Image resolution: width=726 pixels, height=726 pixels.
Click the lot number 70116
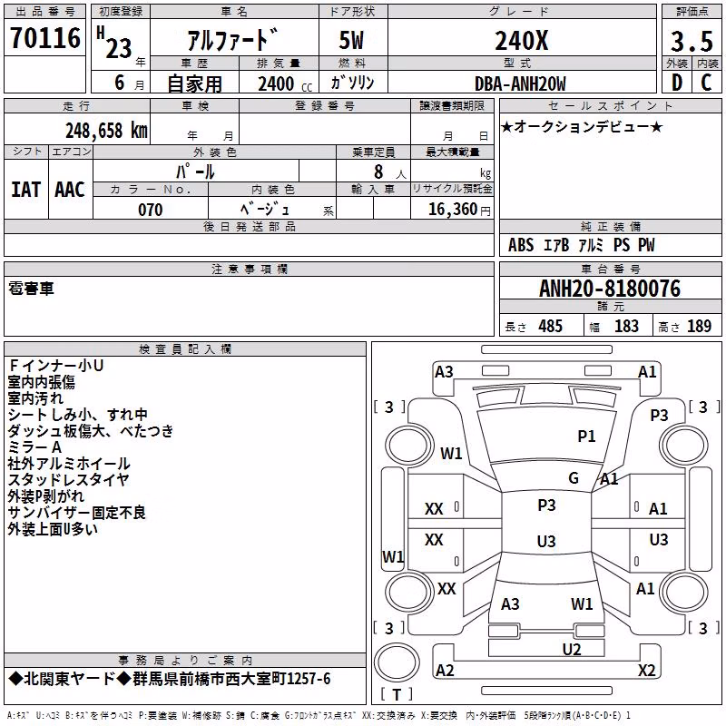(x=44, y=37)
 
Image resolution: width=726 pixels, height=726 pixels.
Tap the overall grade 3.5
(x=692, y=41)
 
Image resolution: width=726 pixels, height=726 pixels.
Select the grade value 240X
(x=522, y=40)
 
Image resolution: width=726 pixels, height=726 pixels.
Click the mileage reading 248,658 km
(x=106, y=131)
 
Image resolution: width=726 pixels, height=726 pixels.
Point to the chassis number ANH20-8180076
(x=610, y=289)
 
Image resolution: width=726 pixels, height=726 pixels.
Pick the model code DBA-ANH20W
(x=520, y=83)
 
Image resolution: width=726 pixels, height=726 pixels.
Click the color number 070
(x=151, y=210)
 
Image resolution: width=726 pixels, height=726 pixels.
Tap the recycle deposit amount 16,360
(x=453, y=210)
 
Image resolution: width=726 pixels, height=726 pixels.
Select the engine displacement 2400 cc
(x=285, y=83)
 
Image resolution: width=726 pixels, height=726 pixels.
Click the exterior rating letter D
(x=677, y=83)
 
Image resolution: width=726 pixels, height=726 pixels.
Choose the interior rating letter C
(x=706, y=83)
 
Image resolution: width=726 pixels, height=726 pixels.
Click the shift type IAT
(x=26, y=190)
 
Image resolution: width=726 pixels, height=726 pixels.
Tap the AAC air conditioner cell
(x=70, y=190)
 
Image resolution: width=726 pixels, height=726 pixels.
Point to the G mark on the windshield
(x=574, y=477)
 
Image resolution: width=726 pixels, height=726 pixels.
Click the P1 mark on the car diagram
(x=586, y=436)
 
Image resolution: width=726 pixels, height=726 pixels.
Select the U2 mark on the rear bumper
(x=572, y=649)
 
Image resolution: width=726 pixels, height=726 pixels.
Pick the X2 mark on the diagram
(x=646, y=670)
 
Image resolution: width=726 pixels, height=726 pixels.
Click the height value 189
(x=699, y=326)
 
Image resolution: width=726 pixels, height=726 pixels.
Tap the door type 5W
(x=351, y=40)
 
